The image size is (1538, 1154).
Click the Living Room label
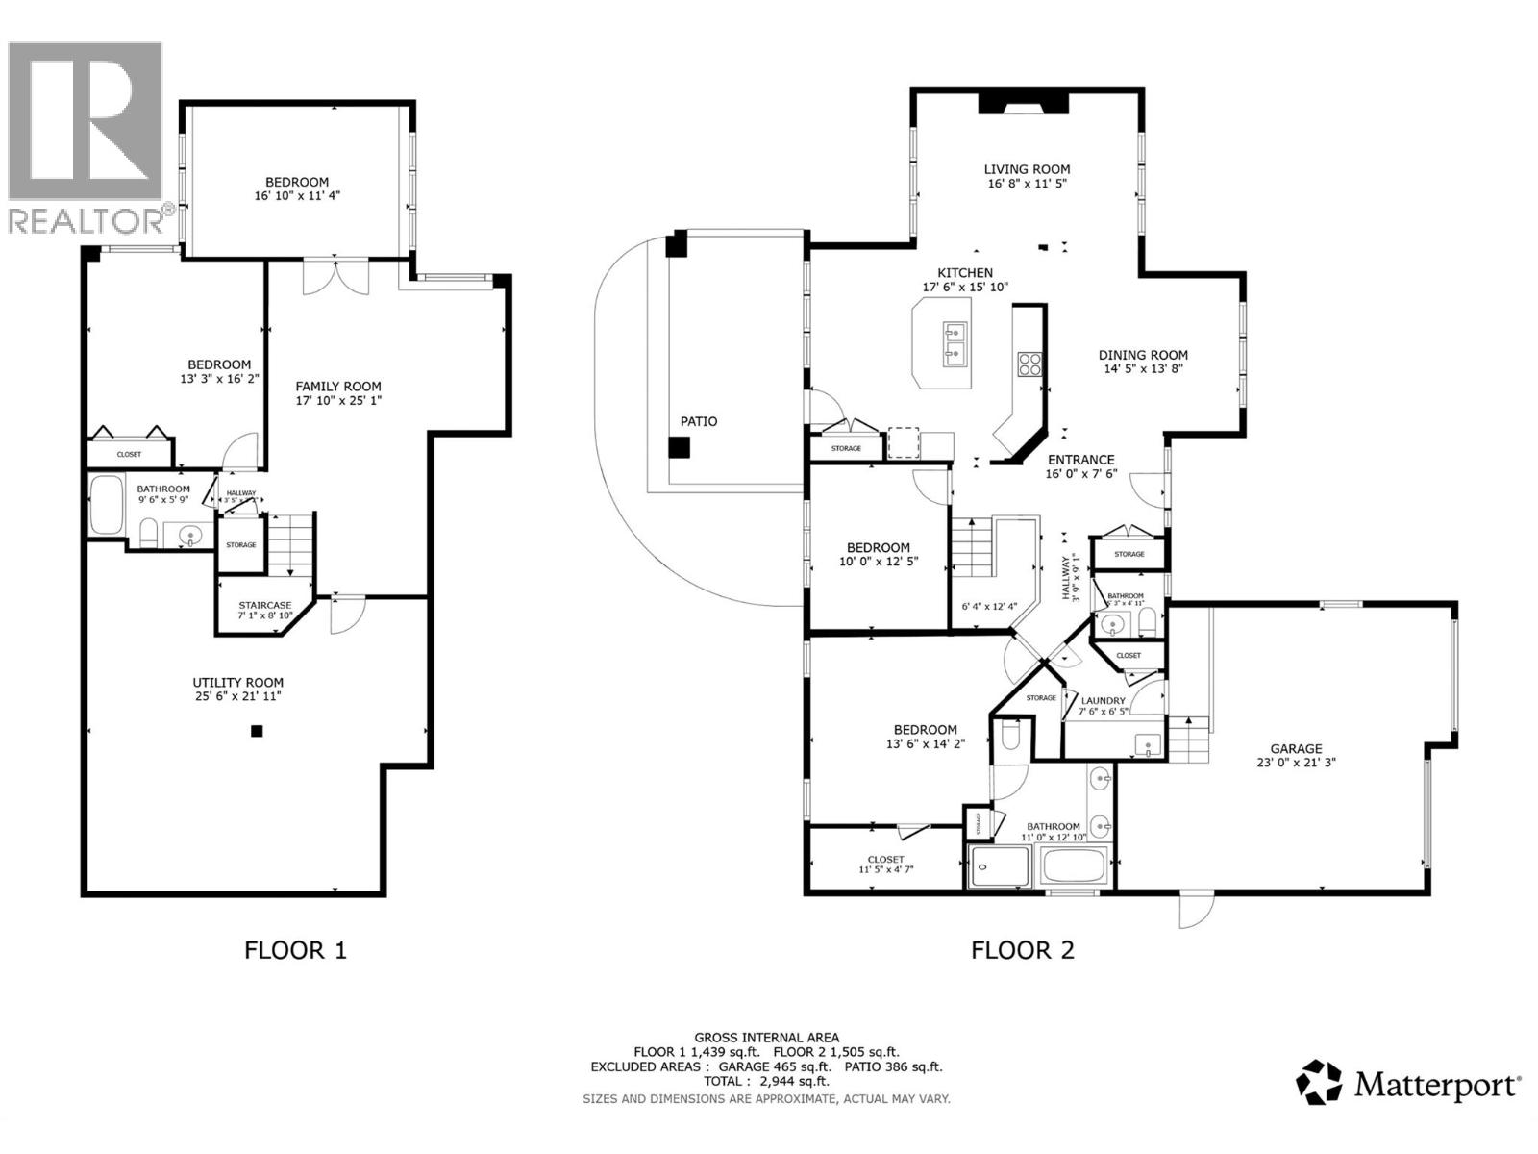(x=1027, y=169)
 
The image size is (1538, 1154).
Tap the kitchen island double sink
(x=955, y=345)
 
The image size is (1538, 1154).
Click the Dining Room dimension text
(x=1143, y=368)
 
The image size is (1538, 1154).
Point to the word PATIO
(x=699, y=421)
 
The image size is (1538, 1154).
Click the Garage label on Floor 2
(x=1296, y=748)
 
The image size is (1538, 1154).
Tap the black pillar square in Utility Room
(x=257, y=731)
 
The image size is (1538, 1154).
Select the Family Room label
(x=337, y=387)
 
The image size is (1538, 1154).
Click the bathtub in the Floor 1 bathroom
(x=107, y=504)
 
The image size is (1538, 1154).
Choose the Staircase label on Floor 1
(x=264, y=605)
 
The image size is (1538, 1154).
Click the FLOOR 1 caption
(x=295, y=950)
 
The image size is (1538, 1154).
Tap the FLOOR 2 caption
(x=1023, y=950)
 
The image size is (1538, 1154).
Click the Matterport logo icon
(x=1319, y=1084)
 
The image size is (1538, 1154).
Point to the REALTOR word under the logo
(x=86, y=220)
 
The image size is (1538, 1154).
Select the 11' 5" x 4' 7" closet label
(x=885, y=869)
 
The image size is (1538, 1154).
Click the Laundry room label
(x=1103, y=701)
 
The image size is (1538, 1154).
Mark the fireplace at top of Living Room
(x=1023, y=103)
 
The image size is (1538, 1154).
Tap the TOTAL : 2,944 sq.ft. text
(x=766, y=1082)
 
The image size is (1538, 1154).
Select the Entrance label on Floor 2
(x=1080, y=460)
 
